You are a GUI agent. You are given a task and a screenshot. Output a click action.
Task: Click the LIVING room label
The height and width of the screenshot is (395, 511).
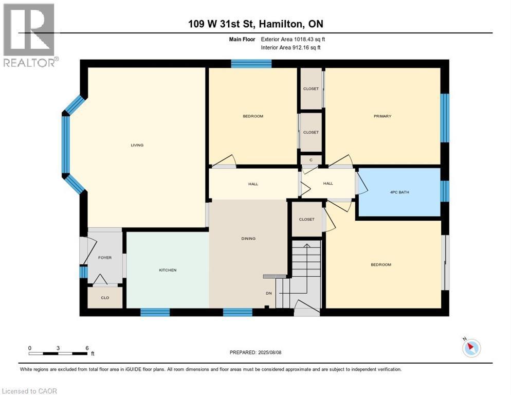137,145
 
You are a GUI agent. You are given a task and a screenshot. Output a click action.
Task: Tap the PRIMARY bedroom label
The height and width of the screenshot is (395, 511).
382,116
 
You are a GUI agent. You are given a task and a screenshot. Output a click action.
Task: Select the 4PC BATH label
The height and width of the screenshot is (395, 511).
399,192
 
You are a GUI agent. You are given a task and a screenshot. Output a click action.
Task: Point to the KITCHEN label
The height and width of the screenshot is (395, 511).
168,270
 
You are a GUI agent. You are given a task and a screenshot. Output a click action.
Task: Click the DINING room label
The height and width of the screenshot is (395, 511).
248,239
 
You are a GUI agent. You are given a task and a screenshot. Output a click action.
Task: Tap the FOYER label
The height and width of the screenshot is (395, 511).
105,258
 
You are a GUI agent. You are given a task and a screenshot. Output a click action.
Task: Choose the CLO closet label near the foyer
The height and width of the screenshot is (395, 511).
105,298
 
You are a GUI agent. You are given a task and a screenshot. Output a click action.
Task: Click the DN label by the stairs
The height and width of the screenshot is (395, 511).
268,293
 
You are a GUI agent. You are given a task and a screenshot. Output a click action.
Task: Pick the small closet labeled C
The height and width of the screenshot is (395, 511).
311,160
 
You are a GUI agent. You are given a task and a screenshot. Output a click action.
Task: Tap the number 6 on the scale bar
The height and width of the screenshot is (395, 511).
87,348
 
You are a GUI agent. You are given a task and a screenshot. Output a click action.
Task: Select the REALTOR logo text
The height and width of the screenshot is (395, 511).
29,63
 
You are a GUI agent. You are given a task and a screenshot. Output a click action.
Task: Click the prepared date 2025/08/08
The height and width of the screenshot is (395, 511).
269,352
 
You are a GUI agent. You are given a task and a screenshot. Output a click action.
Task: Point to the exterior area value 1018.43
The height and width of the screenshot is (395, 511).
303,39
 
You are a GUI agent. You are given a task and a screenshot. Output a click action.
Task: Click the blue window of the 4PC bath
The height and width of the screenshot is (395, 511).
445,191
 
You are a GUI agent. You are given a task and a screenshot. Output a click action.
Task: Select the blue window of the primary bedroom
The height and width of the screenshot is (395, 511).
445,118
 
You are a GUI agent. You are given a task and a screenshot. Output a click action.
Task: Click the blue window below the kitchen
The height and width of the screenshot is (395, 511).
155,312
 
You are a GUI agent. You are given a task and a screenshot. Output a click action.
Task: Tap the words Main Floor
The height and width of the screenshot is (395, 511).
242,39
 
